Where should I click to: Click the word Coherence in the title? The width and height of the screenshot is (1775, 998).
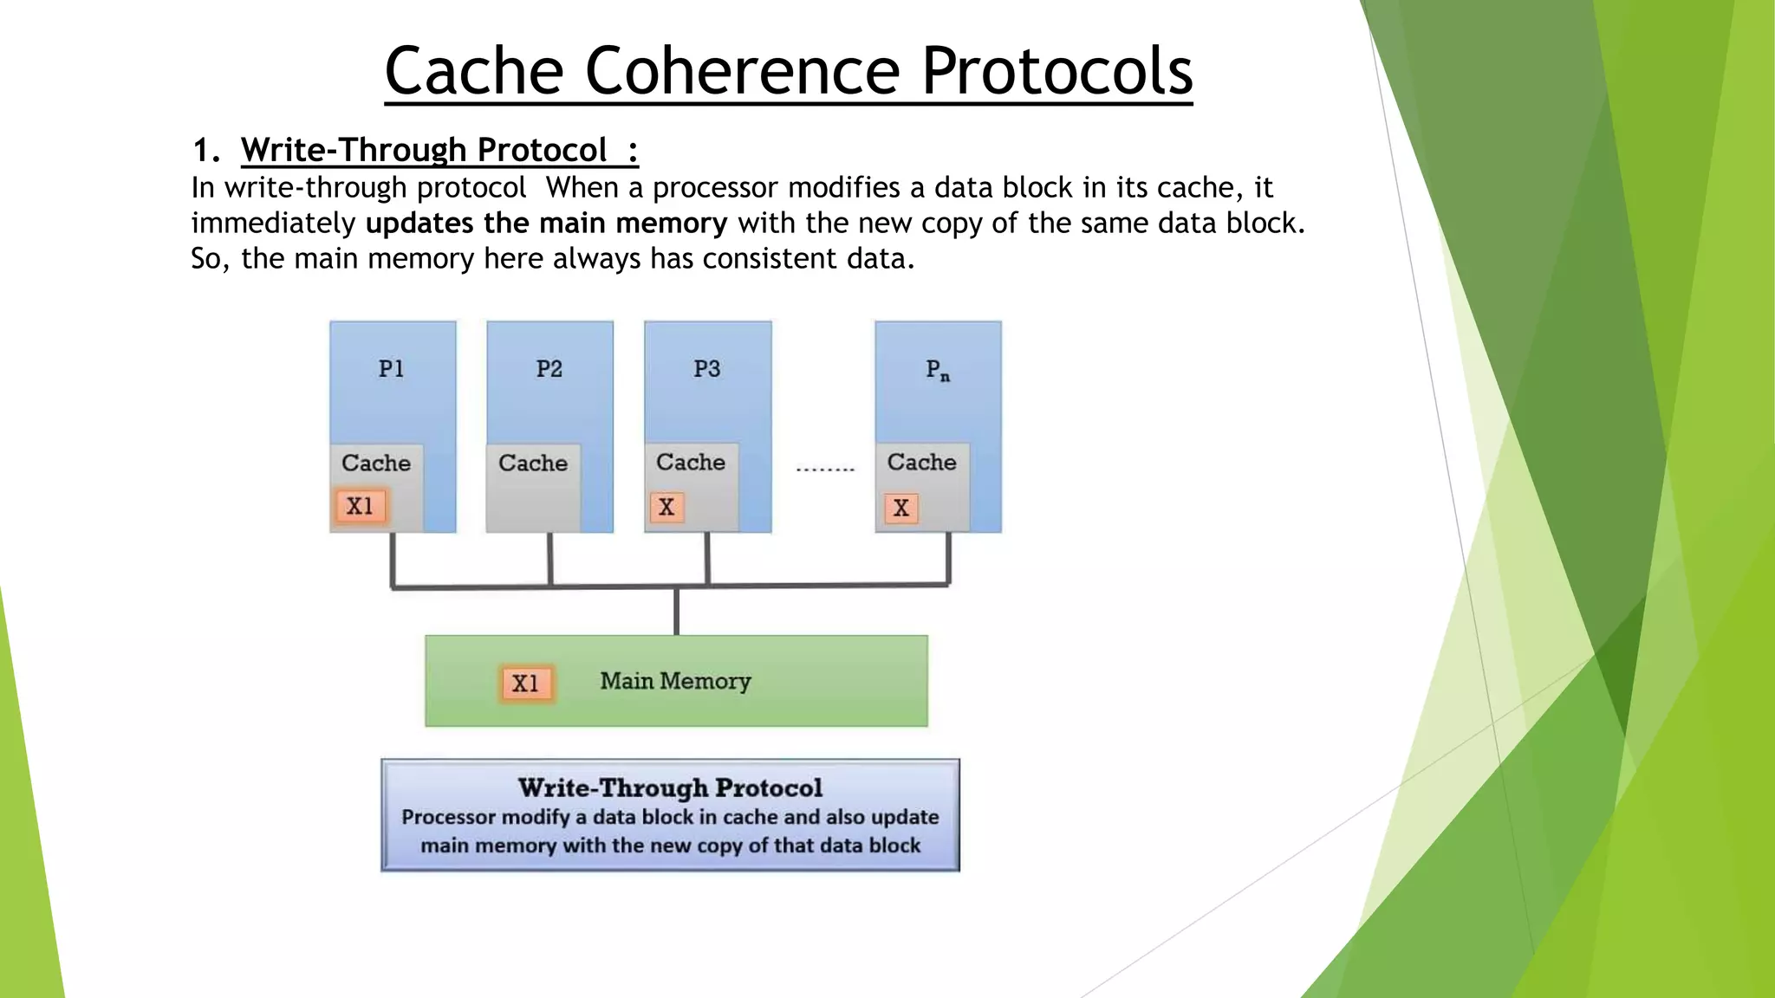point(743,71)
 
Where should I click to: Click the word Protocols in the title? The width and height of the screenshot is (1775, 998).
point(1057,71)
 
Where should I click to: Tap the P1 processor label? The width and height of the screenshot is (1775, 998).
point(392,369)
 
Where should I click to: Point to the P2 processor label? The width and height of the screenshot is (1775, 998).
point(549,369)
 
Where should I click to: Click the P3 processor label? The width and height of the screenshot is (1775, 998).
point(707,369)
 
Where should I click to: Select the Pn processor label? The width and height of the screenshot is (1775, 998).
point(938,371)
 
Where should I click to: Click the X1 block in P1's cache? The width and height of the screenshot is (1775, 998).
point(360,506)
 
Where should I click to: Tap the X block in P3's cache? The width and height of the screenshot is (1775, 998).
point(666,508)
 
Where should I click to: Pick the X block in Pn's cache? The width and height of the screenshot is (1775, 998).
point(901,509)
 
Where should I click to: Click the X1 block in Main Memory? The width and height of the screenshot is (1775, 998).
point(526,684)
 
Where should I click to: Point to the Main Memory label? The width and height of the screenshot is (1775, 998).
point(675,682)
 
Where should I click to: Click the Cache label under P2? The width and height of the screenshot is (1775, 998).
point(533,463)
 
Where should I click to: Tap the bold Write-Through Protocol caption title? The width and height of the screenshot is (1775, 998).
point(670,788)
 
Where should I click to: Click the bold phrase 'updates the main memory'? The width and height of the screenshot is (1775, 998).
point(546,224)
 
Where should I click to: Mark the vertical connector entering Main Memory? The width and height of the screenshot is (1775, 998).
point(676,612)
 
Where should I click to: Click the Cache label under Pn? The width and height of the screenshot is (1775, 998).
point(921,463)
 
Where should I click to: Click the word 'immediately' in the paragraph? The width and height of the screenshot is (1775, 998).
point(273,224)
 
